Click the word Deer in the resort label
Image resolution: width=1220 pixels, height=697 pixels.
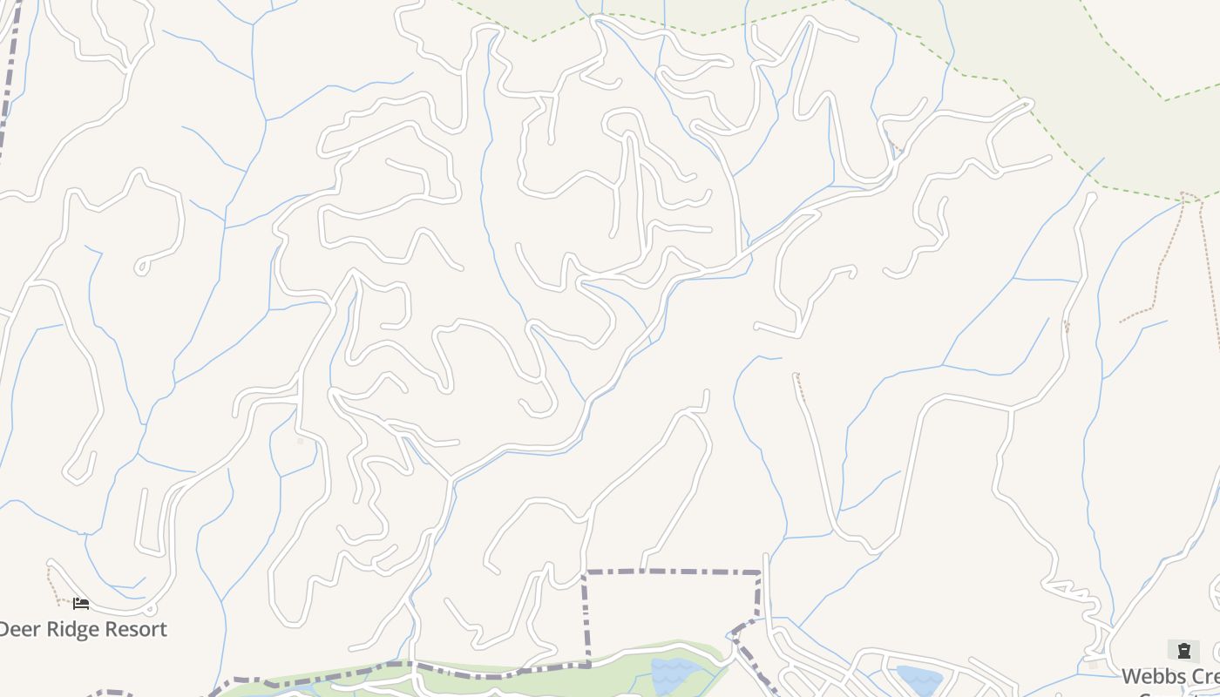point(20,629)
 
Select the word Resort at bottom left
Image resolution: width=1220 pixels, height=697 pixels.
point(137,629)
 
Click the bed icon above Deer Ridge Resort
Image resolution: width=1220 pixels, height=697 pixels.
point(81,603)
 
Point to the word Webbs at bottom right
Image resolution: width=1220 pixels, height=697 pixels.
point(1152,676)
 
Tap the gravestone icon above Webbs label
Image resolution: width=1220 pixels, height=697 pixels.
point(1183,650)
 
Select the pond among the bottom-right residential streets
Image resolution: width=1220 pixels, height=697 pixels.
point(918,679)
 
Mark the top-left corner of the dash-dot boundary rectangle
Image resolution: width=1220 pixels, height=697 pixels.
point(586,572)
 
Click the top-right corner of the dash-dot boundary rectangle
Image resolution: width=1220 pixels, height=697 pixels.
point(760,572)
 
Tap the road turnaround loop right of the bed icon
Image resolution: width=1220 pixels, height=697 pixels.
point(150,609)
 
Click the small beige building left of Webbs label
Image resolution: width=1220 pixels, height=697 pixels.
point(1093,664)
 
